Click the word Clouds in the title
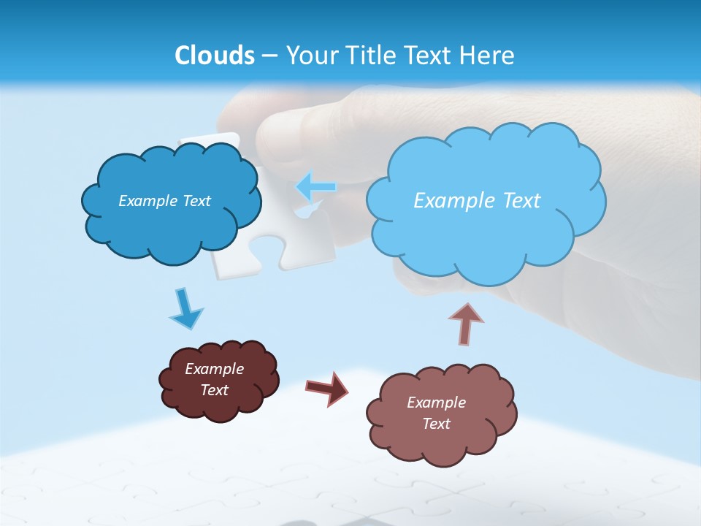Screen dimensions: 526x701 pyautogui.click(x=214, y=56)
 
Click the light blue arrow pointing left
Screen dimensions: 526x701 pyautogui.click(x=315, y=187)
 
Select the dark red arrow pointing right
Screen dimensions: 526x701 pyautogui.click(x=327, y=388)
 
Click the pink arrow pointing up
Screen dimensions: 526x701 pyautogui.click(x=465, y=324)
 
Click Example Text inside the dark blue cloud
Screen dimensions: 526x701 pyautogui.click(x=164, y=201)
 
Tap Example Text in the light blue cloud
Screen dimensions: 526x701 pyautogui.click(x=477, y=201)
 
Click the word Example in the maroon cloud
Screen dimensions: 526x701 pyautogui.click(x=214, y=369)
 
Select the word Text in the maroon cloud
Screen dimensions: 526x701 pyautogui.click(x=214, y=390)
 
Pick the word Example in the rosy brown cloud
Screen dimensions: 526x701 pyautogui.click(x=436, y=403)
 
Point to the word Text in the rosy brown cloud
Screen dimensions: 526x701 pyautogui.click(x=436, y=424)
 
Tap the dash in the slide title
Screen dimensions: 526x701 pyautogui.click(x=269, y=56)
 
